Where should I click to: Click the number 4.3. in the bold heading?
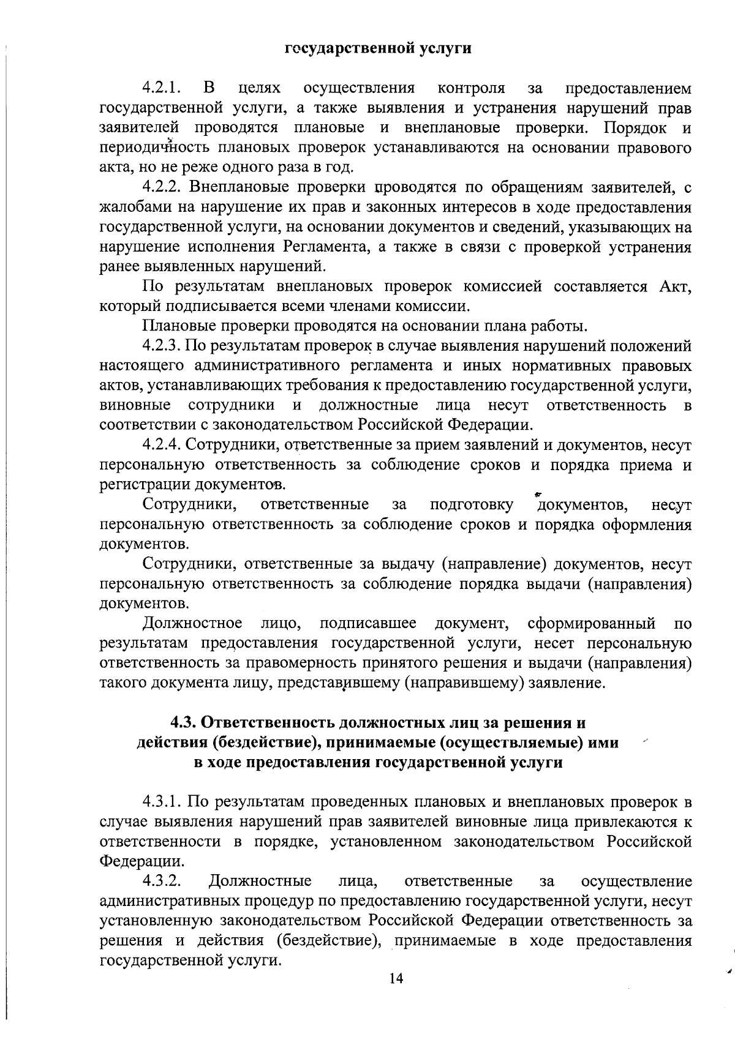pos(183,723)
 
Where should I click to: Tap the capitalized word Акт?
pos(676,286)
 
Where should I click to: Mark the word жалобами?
pos(130,208)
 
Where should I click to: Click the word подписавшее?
pos(367,624)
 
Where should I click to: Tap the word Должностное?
pos(192,624)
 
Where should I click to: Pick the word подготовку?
pos(472,505)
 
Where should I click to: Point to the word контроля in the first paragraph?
pos(471,89)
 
